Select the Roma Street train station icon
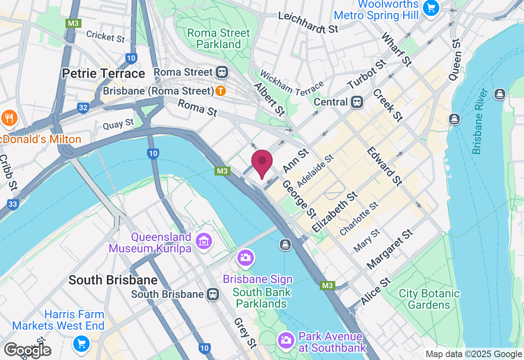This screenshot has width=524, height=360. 222,72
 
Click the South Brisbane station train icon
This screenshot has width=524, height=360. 213,294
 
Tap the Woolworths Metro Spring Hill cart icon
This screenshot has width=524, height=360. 431,8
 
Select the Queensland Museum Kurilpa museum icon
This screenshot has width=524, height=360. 203,241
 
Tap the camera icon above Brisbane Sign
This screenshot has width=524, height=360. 246,258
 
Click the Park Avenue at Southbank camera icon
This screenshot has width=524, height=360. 286,340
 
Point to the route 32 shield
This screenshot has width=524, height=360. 83,108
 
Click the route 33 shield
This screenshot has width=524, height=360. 13,204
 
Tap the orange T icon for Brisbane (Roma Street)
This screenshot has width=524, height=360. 221,91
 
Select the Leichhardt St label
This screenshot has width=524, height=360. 308,23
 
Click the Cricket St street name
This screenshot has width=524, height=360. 105,36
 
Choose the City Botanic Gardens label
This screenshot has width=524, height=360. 429,299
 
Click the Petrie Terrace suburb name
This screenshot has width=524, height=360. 104,74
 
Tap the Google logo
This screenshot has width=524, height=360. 27,350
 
